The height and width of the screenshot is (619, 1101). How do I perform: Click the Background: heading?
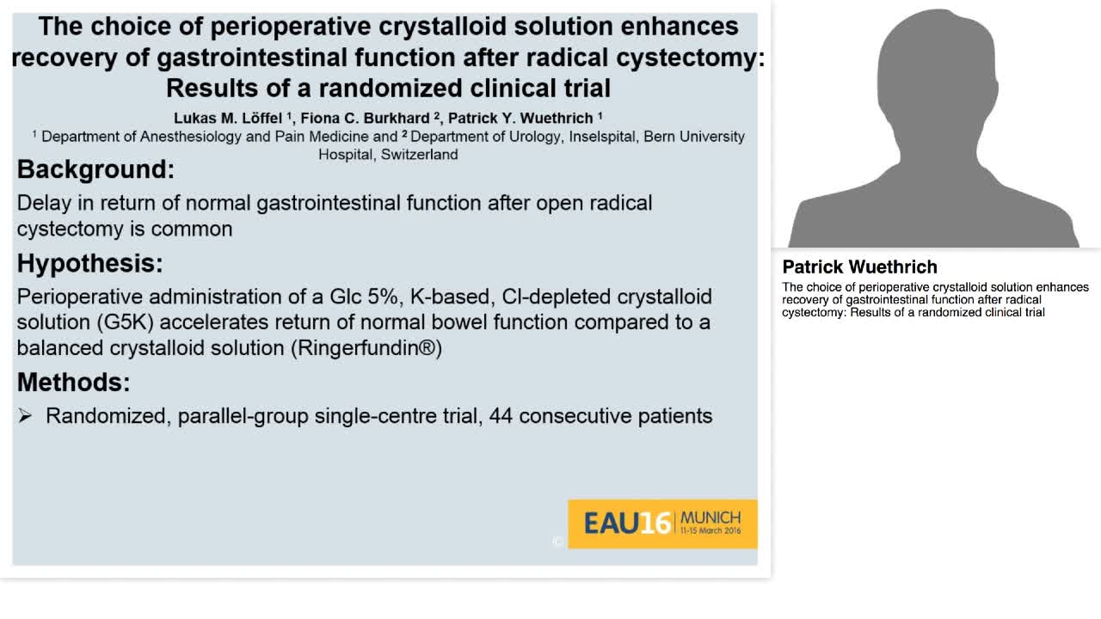95,169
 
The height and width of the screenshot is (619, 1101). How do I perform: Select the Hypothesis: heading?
89,263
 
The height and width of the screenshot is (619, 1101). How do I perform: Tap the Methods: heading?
73,382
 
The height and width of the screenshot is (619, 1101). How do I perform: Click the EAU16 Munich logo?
661,523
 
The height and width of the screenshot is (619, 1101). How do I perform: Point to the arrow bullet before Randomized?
25,416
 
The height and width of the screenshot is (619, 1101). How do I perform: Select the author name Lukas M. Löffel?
227,119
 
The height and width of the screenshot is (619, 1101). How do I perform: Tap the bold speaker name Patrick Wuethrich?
859,267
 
